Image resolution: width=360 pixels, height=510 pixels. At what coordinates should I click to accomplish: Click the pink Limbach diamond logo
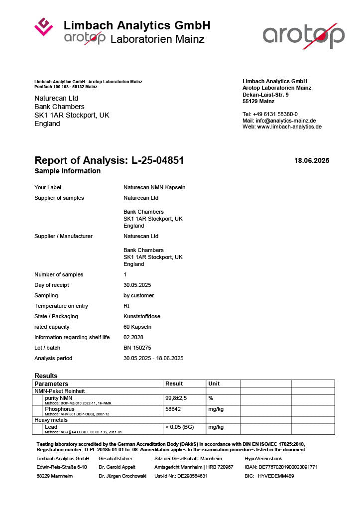pos(43,27)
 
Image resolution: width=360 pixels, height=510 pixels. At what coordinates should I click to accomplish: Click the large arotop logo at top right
pos(303,35)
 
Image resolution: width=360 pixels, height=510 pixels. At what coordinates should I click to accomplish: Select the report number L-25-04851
pos(157,160)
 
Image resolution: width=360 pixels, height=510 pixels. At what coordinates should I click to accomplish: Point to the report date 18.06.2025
pos(312,160)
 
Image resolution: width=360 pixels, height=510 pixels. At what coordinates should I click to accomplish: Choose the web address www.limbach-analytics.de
pos(289,127)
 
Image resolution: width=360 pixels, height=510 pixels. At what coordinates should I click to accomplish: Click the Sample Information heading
pos(67,171)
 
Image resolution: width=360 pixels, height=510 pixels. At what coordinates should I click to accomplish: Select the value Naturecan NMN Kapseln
pos(154,187)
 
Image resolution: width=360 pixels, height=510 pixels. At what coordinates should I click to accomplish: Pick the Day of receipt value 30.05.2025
pos(137,285)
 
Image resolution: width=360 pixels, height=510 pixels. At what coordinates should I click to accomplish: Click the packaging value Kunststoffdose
pos(142,316)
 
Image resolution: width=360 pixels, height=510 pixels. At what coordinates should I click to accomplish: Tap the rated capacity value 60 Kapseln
pos(137,327)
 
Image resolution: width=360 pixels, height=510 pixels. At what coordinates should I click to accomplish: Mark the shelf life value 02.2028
pos(133,337)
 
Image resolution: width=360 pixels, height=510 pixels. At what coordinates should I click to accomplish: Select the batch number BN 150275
pos(137,348)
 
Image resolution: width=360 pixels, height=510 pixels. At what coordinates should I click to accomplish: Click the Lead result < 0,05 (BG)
pos(180,427)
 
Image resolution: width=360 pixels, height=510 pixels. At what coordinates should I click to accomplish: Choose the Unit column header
pos(214,383)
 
